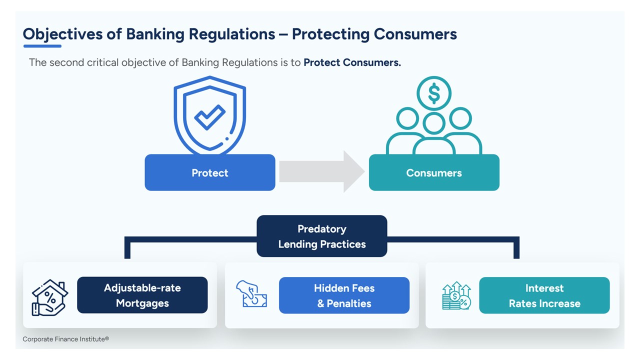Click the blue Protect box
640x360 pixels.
click(x=210, y=172)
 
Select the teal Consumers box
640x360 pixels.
click(x=434, y=172)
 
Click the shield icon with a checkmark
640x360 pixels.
click(x=210, y=115)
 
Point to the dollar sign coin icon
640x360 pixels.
click(x=434, y=93)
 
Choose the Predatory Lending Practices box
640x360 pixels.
click(x=322, y=236)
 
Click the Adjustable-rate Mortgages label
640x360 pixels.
click(x=142, y=295)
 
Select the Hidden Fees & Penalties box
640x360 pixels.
click(x=344, y=295)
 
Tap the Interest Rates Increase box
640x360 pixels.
click(x=544, y=295)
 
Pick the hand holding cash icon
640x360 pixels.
click(x=251, y=294)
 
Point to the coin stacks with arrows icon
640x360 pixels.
click(x=456, y=296)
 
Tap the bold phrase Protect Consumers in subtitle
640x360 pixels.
click(x=352, y=62)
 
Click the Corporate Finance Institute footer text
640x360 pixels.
click(x=65, y=339)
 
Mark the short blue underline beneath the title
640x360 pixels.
click(x=42, y=46)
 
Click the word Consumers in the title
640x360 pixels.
click(x=415, y=34)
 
